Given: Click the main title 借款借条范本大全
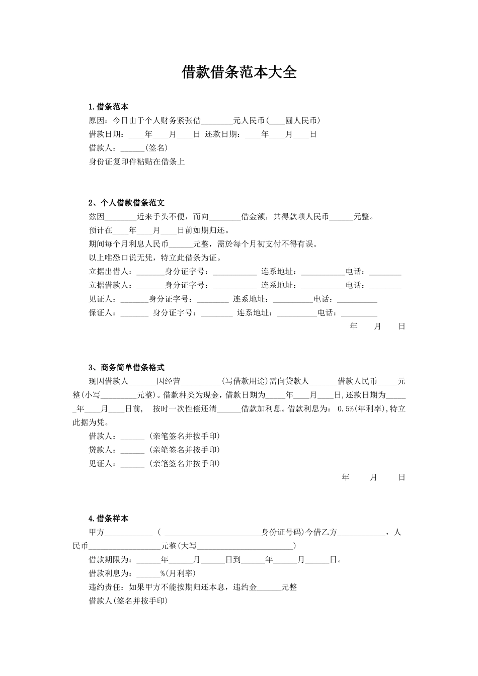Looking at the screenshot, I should pyautogui.click(x=239, y=72).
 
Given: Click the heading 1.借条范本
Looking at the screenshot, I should pyautogui.click(x=108, y=107).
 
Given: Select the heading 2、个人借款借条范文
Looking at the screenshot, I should pyautogui.click(x=126, y=203).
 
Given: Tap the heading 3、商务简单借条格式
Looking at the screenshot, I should pyautogui.click(x=126, y=368).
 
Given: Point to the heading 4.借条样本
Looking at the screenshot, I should pyautogui.click(x=108, y=519).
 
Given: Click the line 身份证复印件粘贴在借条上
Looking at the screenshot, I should pyautogui.click(x=137, y=162).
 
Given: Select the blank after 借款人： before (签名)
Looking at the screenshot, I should pyautogui.click(x=132, y=148).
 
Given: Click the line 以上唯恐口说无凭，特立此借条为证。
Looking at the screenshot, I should pyautogui.click(x=155, y=258).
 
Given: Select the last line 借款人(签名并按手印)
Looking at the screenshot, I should pyautogui.click(x=128, y=601).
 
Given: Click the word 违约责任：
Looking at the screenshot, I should pyautogui.click(x=109, y=587).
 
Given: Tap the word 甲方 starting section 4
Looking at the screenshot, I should pyautogui.click(x=97, y=532).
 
